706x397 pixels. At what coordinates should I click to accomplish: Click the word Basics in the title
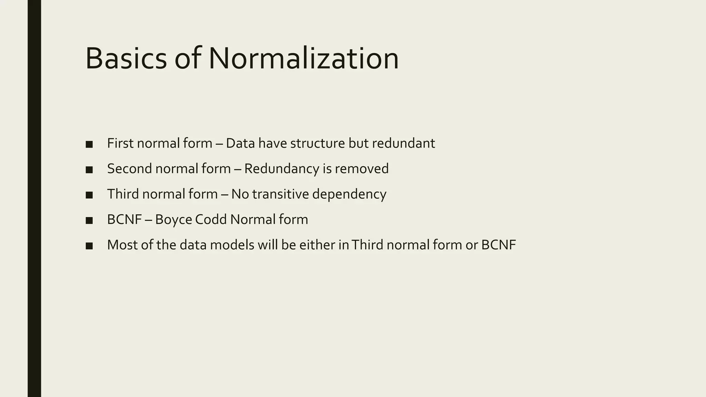click(x=126, y=58)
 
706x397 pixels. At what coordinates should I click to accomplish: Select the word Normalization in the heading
click(x=303, y=58)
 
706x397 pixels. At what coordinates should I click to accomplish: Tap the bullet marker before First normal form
click(x=89, y=144)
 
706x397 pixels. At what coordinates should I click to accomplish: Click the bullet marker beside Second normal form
click(x=89, y=170)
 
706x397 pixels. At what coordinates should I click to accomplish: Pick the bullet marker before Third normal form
click(x=89, y=195)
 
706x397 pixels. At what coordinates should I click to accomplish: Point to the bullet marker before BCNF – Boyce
click(x=89, y=220)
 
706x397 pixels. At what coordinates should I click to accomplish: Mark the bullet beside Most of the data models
click(x=89, y=246)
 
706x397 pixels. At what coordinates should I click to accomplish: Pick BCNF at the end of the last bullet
click(x=498, y=245)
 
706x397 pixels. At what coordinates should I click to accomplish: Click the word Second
click(x=130, y=169)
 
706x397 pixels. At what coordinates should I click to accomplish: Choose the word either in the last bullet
click(x=317, y=245)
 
